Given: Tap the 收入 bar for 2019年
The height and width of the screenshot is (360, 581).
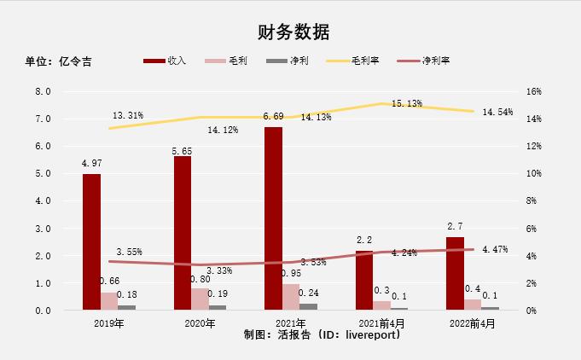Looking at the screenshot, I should [91, 241].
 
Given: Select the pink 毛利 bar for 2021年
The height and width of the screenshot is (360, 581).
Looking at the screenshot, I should [291, 297].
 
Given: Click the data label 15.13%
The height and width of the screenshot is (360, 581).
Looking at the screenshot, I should [406, 103].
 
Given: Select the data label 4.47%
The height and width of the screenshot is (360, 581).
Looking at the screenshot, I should [497, 250].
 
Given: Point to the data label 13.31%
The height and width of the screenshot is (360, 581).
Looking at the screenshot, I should [128, 115].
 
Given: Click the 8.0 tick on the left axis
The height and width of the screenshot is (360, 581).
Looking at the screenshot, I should [42, 91].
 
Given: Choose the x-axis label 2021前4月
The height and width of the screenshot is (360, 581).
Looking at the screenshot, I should [381, 323].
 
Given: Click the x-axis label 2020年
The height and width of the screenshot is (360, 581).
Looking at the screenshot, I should [200, 323].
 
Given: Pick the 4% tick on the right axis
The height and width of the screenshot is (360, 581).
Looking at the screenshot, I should [532, 256].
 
